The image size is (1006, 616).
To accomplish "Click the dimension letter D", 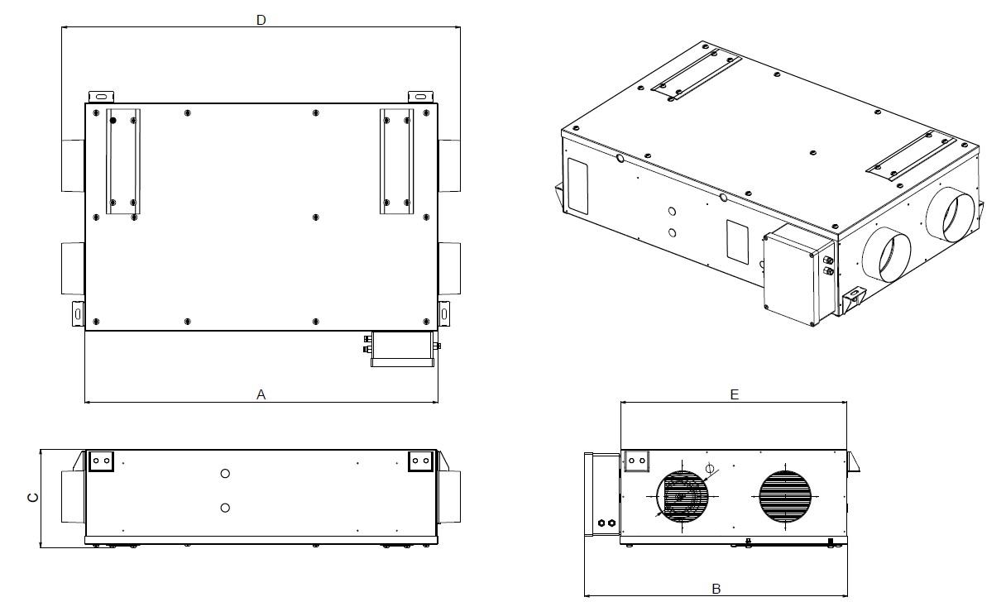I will click(x=261, y=20).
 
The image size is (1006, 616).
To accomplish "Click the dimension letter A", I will click(x=261, y=394).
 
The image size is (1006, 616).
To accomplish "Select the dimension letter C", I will click(x=32, y=497).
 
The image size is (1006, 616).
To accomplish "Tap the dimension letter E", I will click(x=734, y=395).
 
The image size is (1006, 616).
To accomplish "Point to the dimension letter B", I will click(x=716, y=588).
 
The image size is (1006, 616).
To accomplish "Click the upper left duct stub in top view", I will click(x=73, y=165).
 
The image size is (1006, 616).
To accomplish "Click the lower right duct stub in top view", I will click(x=449, y=269).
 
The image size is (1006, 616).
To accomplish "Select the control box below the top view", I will click(x=401, y=348).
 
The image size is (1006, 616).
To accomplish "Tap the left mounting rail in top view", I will click(x=122, y=161).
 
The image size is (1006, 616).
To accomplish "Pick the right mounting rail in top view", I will click(x=396, y=161).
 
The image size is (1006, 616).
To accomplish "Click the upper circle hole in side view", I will click(x=225, y=473).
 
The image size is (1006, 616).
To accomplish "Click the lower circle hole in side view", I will click(x=225, y=507).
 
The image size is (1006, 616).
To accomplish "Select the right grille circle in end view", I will click(x=786, y=496).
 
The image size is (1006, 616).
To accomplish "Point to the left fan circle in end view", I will click(x=683, y=496).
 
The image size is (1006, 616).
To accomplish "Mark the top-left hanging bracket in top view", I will click(x=103, y=96).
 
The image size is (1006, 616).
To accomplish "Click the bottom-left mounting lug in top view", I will click(x=79, y=313).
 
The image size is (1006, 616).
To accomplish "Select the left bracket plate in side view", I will click(x=101, y=461).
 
